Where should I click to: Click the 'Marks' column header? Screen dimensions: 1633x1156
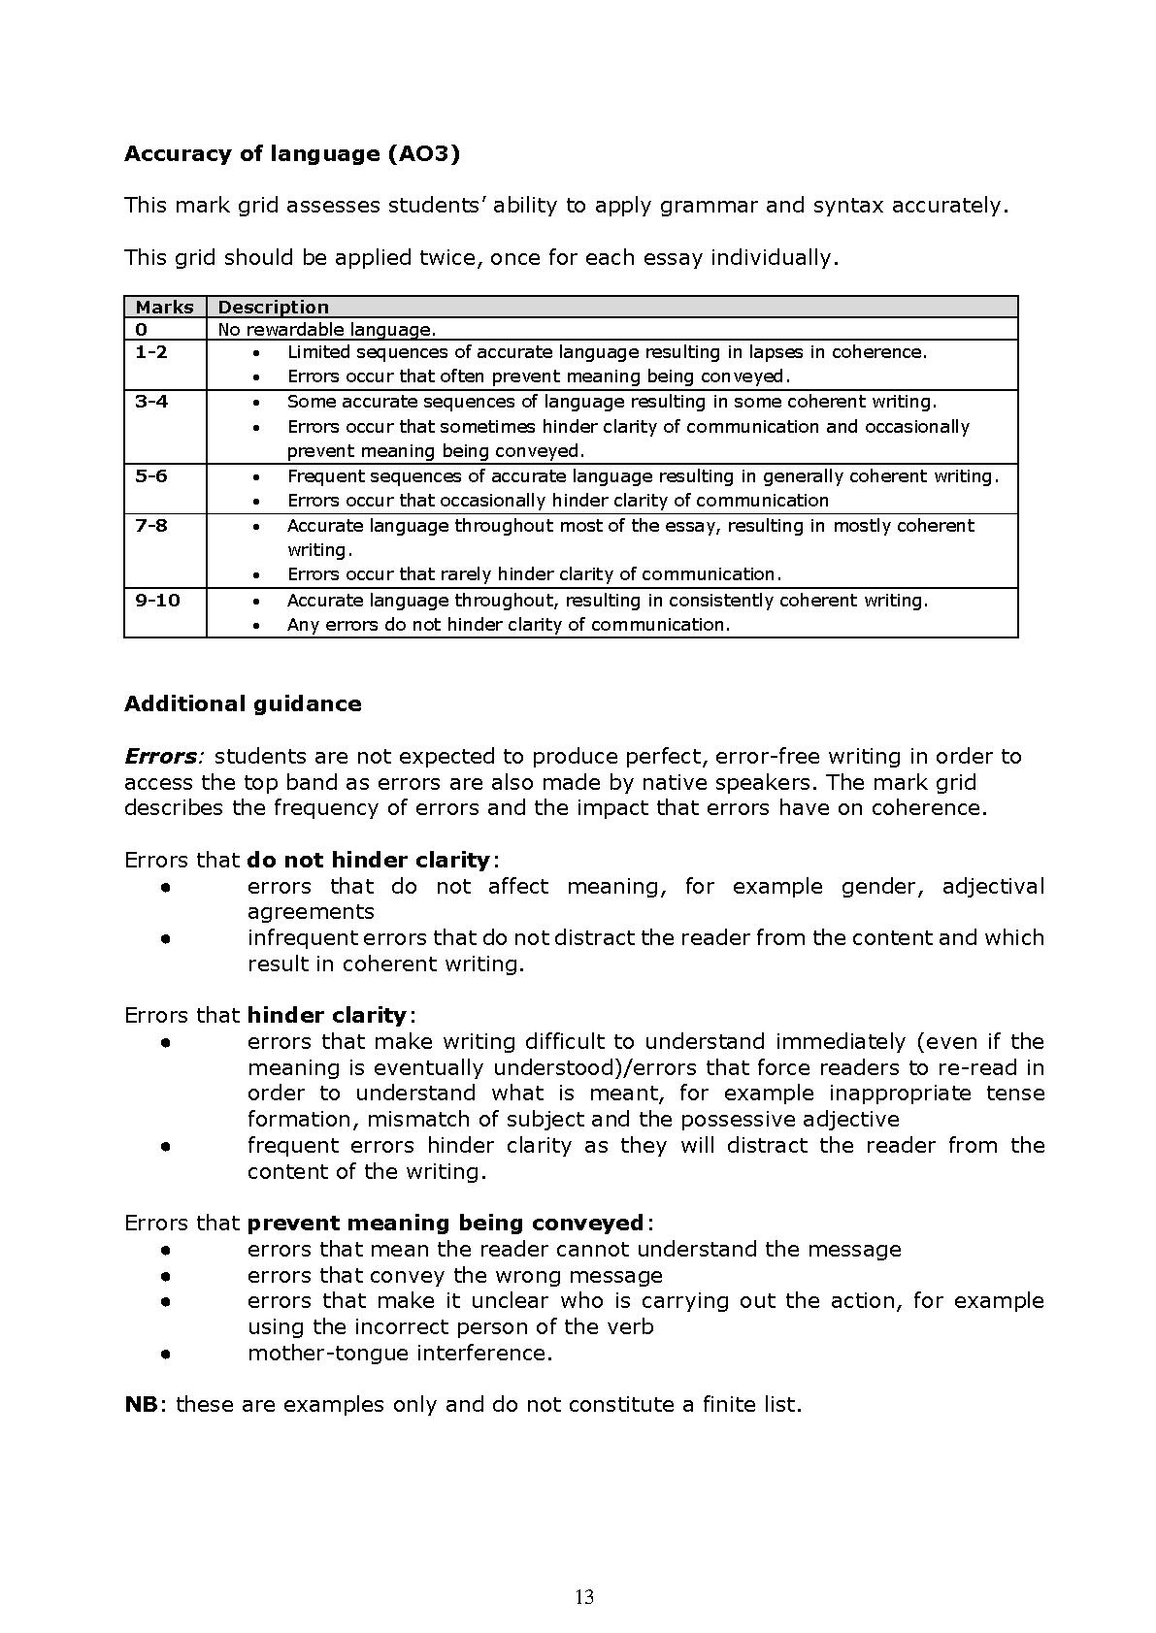pyautogui.click(x=164, y=307)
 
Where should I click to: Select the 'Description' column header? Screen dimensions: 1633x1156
pyautogui.click(x=273, y=307)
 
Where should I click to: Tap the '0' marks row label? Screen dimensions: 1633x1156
pyautogui.click(x=142, y=329)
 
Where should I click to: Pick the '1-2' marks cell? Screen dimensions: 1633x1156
pyautogui.click(x=151, y=352)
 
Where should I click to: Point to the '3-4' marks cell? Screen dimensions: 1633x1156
pyautogui.click(x=151, y=402)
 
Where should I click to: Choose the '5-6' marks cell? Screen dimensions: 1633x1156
pyautogui.click(x=151, y=476)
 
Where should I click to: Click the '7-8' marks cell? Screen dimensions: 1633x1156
pyautogui.click(x=151, y=526)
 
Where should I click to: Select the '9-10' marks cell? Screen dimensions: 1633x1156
pyautogui.click(x=157, y=601)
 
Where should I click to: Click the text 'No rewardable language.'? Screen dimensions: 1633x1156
pyautogui.click(x=327, y=329)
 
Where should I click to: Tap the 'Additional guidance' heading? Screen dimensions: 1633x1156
pyautogui.click(x=243, y=704)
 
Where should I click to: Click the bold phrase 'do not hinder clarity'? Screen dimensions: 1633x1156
pyautogui.click(x=369, y=860)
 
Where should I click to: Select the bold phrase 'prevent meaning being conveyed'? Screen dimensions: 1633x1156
pyautogui.click(x=446, y=1223)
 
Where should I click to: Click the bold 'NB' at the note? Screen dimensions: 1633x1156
pyautogui.click(x=141, y=1404)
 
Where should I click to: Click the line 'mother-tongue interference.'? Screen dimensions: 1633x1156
pyautogui.click(x=400, y=1353)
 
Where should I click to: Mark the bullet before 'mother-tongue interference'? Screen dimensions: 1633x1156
pyautogui.click(x=167, y=1353)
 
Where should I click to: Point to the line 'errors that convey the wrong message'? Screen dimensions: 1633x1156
pyautogui.click(x=455, y=1275)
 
